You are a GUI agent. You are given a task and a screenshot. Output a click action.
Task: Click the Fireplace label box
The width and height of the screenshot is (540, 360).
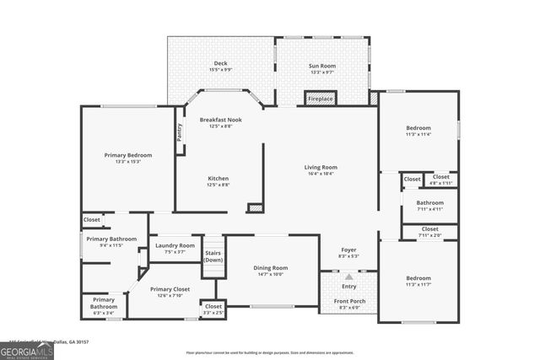tap(321, 99)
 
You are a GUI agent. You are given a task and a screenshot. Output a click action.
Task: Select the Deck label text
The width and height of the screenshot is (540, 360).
tap(220, 63)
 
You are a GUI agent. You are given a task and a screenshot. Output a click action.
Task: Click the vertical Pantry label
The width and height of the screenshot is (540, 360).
tap(179, 132)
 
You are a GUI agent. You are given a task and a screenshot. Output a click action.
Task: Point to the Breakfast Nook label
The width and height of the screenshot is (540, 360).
tap(220, 120)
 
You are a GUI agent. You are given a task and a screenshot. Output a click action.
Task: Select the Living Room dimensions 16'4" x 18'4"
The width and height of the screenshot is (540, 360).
tap(321, 174)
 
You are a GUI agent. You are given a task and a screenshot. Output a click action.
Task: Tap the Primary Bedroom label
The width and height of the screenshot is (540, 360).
tap(128, 155)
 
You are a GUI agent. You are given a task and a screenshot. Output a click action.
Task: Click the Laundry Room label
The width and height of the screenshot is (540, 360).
tap(175, 245)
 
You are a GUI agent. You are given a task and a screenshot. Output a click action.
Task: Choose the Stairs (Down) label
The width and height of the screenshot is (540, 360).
tap(213, 256)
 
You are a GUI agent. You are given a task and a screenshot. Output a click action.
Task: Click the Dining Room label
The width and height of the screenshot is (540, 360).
tap(271, 268)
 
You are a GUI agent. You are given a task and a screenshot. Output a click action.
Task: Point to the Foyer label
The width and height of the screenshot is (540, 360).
tap(348, 250)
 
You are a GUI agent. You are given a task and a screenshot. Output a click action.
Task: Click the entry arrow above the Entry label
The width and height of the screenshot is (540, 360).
tap(349, 277)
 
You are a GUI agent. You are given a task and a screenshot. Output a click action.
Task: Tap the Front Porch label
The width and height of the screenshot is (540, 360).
tap(348, 301)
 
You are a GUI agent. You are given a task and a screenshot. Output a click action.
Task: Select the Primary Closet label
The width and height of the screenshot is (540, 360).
tap(170, 289)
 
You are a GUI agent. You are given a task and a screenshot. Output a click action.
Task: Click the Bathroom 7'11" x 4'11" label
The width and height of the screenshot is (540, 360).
tap(429, 202)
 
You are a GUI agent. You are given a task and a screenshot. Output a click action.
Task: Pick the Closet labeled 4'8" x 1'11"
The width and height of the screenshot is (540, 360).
tap(441, 179)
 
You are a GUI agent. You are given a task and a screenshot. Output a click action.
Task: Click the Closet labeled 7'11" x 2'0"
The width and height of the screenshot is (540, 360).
tap(429, 230)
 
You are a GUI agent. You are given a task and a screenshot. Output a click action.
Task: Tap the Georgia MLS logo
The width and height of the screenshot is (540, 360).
tap(26, 351)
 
